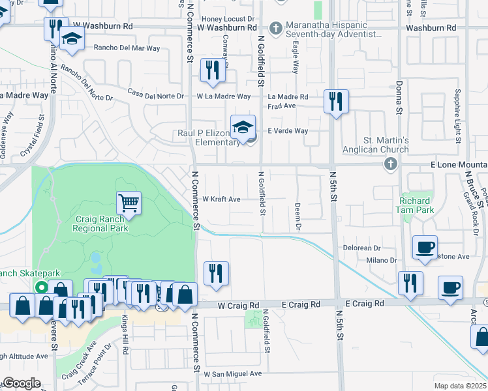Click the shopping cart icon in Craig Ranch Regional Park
[129, 203]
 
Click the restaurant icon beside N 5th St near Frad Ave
[336, 101]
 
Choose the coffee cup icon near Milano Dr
[425, 247]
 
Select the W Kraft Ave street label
[222, 199]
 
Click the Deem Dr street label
[297, 216]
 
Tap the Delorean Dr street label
[362, 248]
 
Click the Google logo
[22, 383]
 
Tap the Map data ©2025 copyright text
[460, 386]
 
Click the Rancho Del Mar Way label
[127, 48]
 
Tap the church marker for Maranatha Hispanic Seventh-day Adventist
[276, 28]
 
